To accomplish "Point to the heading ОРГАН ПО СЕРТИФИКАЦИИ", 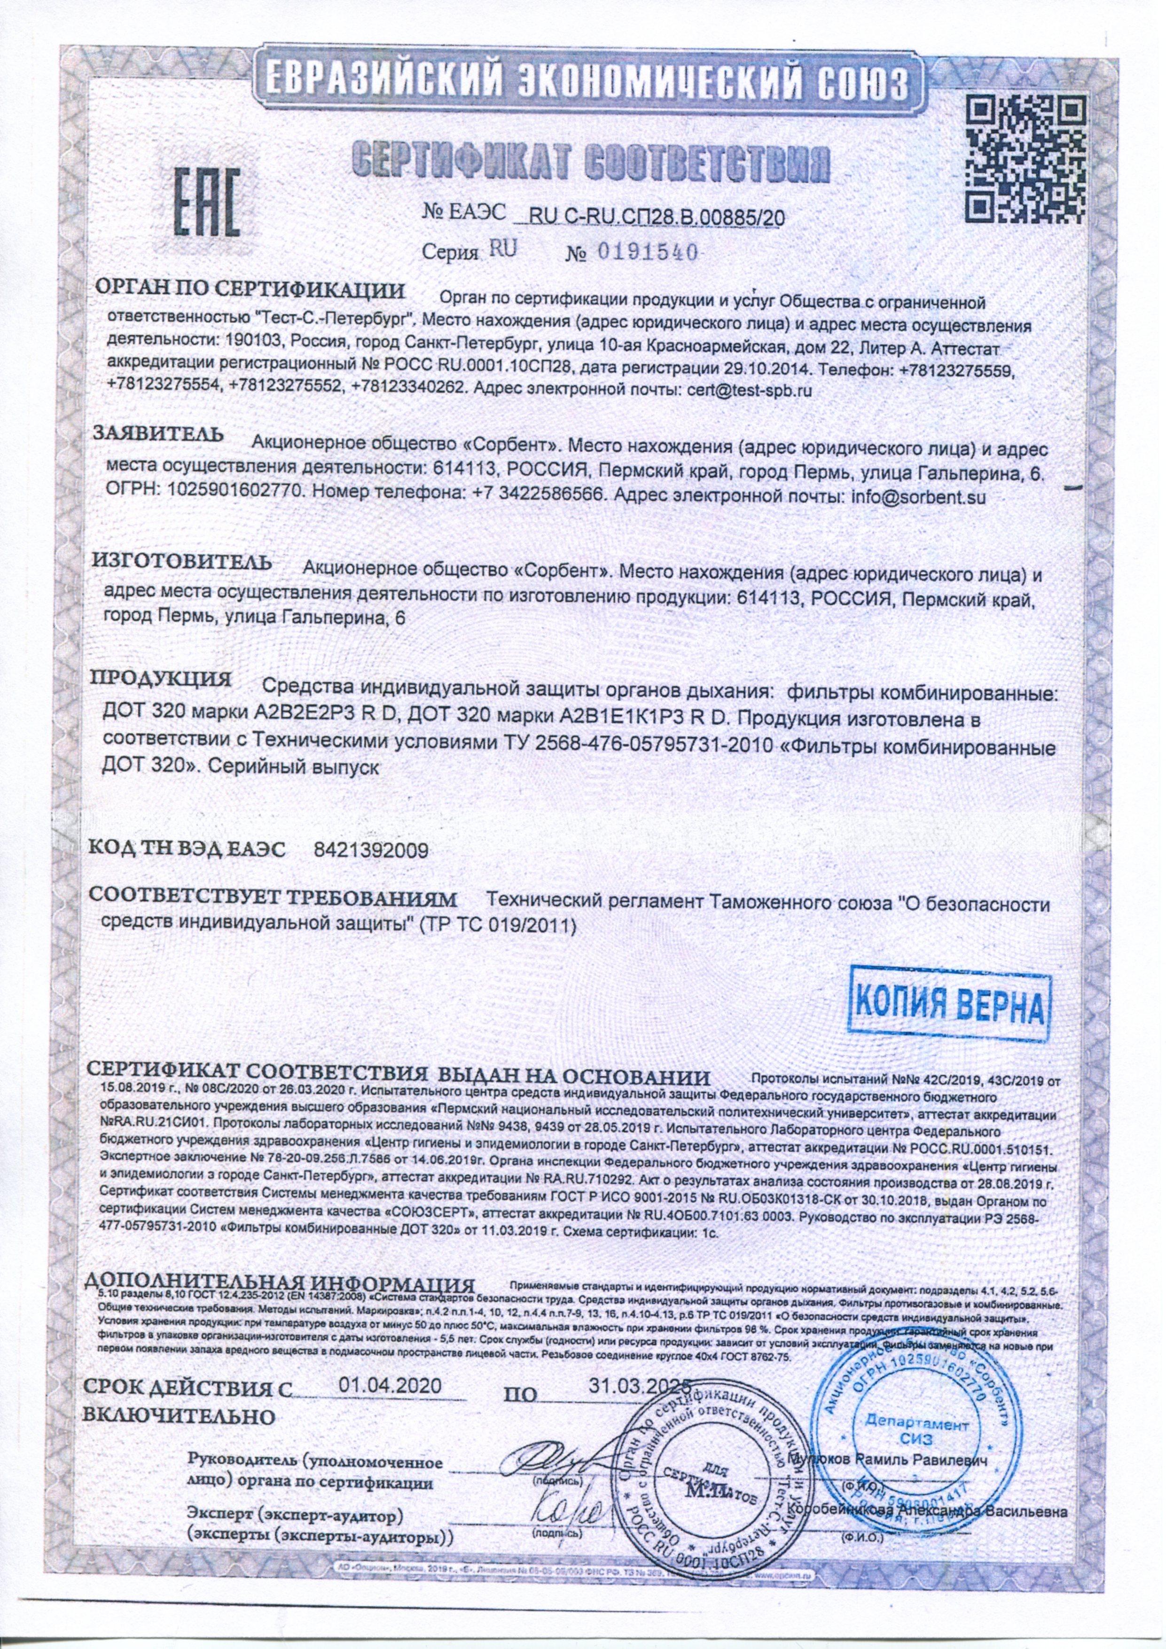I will pyautogui.click(x=250, y=291).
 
